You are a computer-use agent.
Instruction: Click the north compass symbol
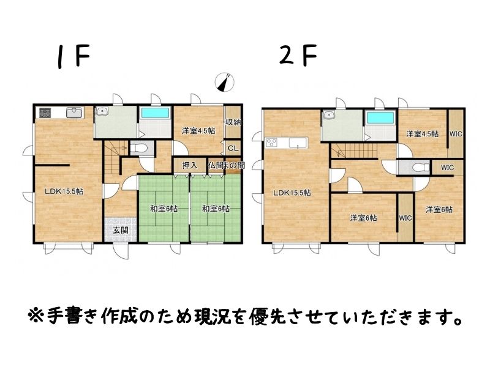225,83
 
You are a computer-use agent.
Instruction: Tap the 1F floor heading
73,56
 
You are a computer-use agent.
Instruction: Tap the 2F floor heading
298,56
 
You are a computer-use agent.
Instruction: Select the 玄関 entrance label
121,231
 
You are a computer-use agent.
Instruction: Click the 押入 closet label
190,165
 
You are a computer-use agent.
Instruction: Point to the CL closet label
233,149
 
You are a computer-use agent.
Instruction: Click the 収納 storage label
233,122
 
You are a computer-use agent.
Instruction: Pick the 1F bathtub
155,113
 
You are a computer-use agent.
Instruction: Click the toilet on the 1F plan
140,148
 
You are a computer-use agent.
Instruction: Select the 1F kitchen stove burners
45,113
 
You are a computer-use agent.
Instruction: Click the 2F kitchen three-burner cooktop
271,143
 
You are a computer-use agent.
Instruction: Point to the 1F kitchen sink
74,113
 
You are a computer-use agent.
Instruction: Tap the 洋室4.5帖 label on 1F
198,131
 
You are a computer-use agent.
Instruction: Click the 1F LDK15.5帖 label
64,191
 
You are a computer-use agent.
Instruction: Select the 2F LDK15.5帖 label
292,193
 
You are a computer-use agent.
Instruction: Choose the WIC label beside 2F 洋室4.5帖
456,134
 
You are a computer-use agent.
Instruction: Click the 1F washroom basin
102,111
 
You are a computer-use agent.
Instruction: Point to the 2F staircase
355,150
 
